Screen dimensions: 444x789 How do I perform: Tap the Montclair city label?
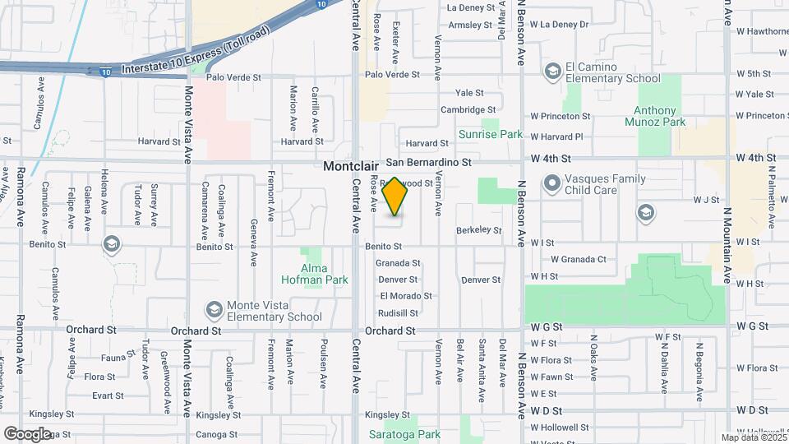click(x=351, y=165)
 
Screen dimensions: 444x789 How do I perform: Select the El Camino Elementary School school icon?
click(x=552, y=72)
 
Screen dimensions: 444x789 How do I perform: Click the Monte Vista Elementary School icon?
click(x=215, y=310)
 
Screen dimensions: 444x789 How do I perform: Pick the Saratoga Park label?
click(x=404, y=434)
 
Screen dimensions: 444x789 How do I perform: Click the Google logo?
click(x=27, y=434)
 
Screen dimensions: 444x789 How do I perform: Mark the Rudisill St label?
click(x=399, y=313)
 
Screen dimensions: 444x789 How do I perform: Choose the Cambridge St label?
click(x=468, y=109)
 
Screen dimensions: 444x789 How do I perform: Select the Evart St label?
click(x=108, y=395)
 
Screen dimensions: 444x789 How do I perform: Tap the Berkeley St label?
click(x=478, y=231)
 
